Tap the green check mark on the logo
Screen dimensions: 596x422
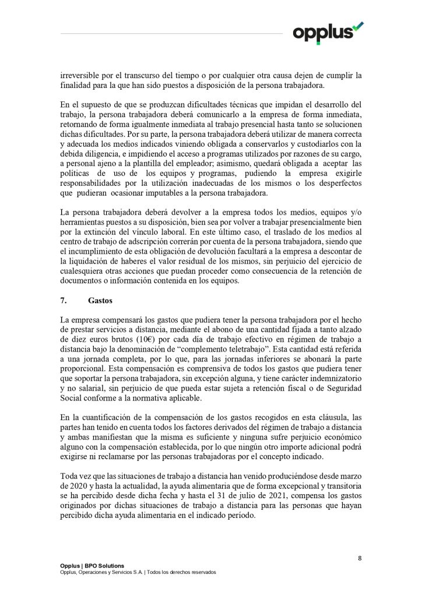[358, 25]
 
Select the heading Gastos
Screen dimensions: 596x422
[101, 301]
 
